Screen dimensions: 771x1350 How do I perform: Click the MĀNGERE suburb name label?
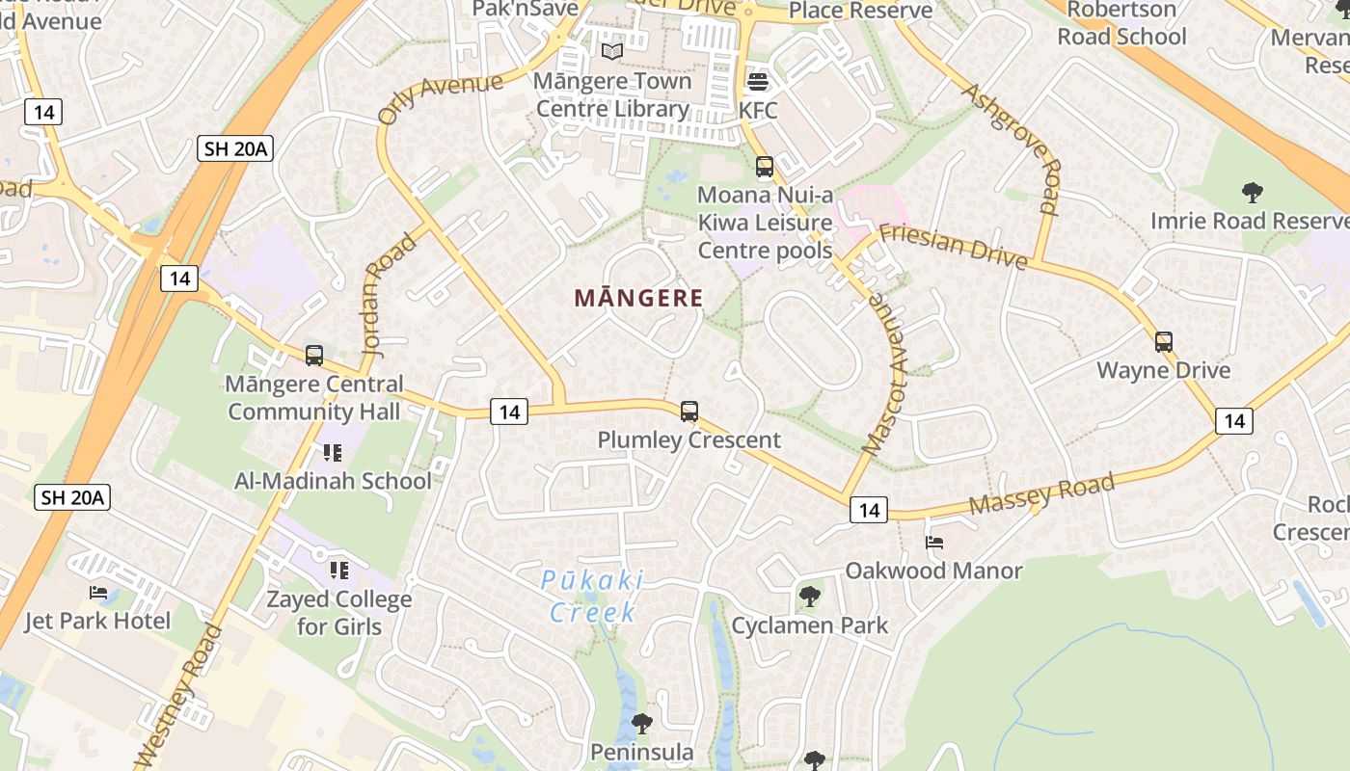click(x=638, y=298)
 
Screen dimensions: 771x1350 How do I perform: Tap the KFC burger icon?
click(x=757, y=82)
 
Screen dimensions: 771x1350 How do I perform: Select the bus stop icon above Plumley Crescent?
click(x=688, y=412)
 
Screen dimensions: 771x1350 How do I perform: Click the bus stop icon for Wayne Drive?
click(x=1164, y=342)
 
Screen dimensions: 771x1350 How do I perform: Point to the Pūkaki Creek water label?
click(x=592, y=596)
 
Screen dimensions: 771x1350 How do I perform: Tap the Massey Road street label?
click(x=1041, y=492)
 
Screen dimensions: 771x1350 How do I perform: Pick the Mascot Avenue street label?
click(x=885, y=373)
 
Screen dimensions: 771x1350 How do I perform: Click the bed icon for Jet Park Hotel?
click(x=98, y=593)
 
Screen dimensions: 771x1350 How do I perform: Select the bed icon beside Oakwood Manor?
click(x=933, y=543)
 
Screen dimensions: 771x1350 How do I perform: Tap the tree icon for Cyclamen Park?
click(x=810, y=598)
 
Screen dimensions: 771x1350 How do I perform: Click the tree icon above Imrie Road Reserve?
click(x=1252, y=193)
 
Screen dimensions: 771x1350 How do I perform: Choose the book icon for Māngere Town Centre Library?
click(x=612, y=52)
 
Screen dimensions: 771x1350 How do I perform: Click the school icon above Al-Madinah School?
click(x=333, y=452)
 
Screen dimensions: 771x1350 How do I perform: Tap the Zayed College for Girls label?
click(x=339, y=613)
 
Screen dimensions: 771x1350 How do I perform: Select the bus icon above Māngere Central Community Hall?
click(x=313, y=356)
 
